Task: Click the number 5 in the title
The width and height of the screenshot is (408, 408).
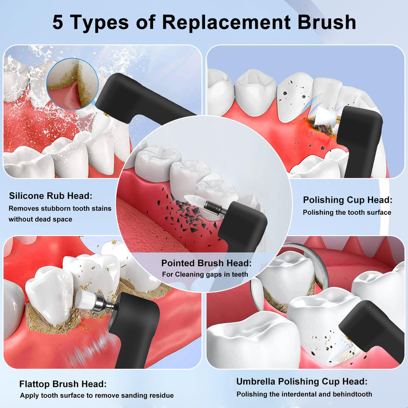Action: coord(59,22)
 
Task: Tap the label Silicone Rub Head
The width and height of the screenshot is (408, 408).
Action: coord(51,195)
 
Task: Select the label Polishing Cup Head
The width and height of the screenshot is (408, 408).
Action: coord(347,199)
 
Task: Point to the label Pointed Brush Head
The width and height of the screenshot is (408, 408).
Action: coord(207,263)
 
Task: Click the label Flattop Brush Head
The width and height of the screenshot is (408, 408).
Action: coord(63,384)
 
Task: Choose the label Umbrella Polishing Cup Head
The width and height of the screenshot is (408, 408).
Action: coord(301,381)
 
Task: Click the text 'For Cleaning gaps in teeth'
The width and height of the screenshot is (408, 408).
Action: coord(205,274)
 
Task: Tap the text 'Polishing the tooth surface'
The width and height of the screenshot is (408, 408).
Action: coord(347,212)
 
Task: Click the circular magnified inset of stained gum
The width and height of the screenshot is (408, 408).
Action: coord(72,83)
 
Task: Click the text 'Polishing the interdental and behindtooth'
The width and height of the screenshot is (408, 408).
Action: coord(304,394)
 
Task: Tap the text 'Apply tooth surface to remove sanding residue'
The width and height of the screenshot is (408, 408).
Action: coord(97,395)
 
